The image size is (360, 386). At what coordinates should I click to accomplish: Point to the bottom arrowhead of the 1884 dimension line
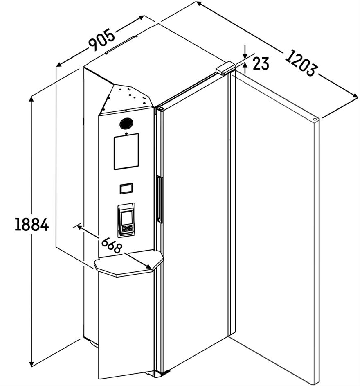(x=31, y=366)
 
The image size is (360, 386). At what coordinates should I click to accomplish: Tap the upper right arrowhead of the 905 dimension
(x=144, y=16)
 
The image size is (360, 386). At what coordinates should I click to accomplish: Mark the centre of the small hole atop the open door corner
(x=315, y=120)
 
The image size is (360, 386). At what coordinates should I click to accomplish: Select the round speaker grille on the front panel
(x=126, y=123)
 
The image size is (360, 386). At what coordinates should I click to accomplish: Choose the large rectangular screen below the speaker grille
(x=126, y=151)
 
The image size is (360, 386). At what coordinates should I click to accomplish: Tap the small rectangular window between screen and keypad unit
(x=126, y=189)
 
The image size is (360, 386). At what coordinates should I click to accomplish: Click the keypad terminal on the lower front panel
(x=126, y=220)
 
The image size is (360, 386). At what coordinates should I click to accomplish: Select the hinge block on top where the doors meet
(x=225, y=68)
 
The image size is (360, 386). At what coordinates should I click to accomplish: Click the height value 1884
(x=32, y=224)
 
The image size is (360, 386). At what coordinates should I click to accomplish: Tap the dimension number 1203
(x=300, y=63)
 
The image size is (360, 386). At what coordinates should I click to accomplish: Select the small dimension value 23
(x=261, y=63)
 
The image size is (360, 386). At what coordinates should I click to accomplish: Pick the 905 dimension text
(x=102, y=40)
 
